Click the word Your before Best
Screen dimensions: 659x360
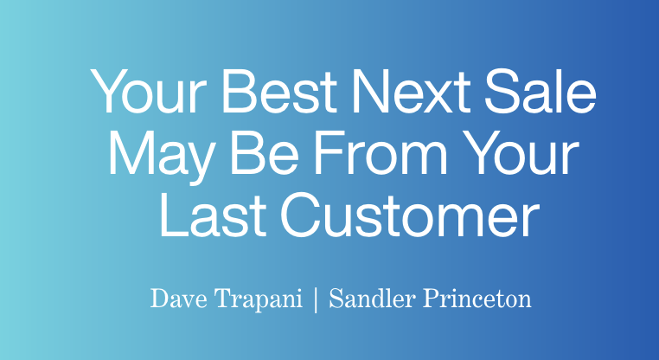(149, 91)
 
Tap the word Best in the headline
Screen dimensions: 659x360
(279, 91)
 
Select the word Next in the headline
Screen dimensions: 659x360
(412, 91)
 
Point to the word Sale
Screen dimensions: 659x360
(541, 91)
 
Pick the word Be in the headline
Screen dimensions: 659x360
(265, 153)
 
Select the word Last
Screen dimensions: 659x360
(213, 215)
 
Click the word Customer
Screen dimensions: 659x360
(410, 215)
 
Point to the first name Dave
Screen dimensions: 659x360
(179, 299)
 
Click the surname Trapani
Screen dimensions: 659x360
(259, 300)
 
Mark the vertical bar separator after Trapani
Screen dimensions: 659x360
(316, 300)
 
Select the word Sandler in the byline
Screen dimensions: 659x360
(373, 299)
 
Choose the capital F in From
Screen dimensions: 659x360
(329, 153)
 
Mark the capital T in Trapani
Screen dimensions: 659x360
(225, 299)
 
